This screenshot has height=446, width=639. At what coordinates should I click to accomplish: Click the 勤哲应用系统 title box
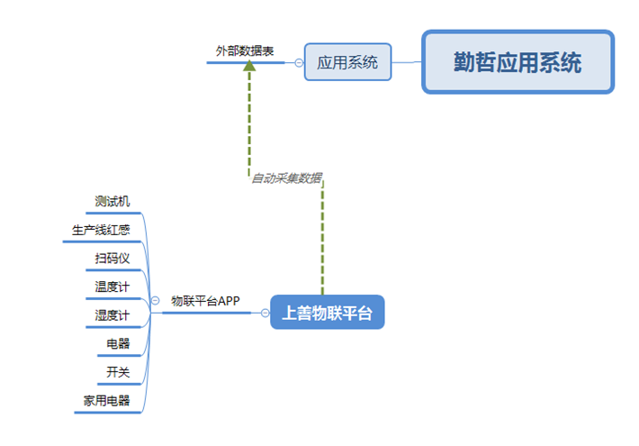tap(518, 62)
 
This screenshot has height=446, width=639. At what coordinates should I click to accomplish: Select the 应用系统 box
tap(347, 62)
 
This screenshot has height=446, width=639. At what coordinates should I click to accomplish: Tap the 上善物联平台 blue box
tap(328, 313)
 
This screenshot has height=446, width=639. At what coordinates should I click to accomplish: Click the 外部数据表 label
tap(245, 51)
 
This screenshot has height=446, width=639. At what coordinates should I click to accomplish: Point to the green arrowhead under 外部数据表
tap(249, 66)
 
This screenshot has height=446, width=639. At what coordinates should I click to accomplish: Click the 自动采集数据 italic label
tap(287, 177)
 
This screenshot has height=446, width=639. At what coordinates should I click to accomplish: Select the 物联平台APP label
tap(205, 301)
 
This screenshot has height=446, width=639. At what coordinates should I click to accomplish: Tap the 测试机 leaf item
tap(112, 201)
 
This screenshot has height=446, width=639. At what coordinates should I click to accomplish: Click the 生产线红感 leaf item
tap(101, 230)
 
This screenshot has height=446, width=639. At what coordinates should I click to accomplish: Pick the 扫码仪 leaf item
tap(112, 259)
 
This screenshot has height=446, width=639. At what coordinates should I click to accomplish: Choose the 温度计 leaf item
tap(112, 287)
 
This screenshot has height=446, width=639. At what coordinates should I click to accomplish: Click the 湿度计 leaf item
tap(112, 315)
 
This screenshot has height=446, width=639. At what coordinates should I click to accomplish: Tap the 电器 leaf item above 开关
tap(118, 343)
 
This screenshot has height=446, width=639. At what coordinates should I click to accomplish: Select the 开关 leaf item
tap(118, 372)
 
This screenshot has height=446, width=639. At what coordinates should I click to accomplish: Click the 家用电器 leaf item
tap(106, 400)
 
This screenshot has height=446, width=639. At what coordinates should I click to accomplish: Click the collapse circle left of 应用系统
tap(299, 63)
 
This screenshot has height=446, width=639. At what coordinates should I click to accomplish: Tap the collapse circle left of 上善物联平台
tap(265, 313)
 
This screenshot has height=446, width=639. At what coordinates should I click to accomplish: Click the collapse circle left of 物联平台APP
tap(156, 300)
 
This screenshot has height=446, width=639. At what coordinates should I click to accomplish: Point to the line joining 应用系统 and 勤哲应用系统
tap(407, 62)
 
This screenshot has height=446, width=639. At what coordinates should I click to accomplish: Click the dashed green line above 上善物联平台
tap(323, 238)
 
